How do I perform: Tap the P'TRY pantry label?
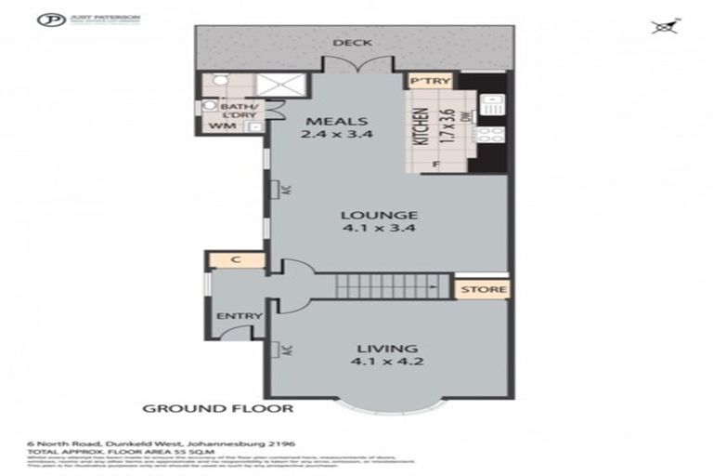pyautogui.click(x=430, y=82)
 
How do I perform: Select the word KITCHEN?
pyautogui.click(x=419, y=128)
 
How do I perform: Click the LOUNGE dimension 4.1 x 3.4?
pyautogui.click(x=366, y=231)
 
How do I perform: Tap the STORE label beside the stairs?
pyautogui.click(x=482, y=289)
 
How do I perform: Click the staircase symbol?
pyautogui.click(x=371, y=286)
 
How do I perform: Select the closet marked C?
pyautogui.click(x=236, y=260)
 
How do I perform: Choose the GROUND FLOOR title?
pyautogui.click(x=217, y=408)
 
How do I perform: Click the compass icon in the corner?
pyautogui.click(x=663, y=27)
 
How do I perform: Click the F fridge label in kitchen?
pyautogui.click(x=434, y=165)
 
